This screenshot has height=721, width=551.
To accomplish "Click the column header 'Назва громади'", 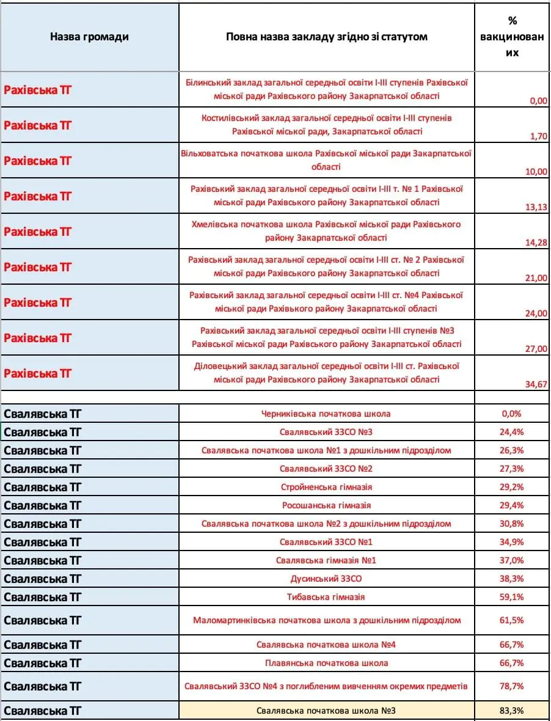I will [89, 37].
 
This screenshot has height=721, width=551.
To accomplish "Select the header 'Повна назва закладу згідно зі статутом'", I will [326, 37].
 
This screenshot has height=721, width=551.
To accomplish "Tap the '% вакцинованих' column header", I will [512, 37].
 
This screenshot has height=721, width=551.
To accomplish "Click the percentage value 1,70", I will [538, 136].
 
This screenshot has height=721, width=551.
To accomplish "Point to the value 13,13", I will [536, 207].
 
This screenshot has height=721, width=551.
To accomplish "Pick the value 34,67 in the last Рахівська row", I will [536, 384].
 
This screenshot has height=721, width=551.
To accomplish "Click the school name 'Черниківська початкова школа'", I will [326, 414].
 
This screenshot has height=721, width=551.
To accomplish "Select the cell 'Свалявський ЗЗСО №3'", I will [326, 432].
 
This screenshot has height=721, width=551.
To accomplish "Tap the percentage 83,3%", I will [512, 711].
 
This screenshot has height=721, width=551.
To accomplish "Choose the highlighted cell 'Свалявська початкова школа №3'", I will [326, 711].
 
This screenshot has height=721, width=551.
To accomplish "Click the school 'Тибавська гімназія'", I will [326, 597].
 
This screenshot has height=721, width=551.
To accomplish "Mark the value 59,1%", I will [512, 597].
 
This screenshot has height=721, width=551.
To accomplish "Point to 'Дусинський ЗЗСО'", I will [326, 579].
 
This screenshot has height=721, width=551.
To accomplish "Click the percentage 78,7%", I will [512, 686].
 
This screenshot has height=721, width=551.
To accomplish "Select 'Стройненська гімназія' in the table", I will [326, 487].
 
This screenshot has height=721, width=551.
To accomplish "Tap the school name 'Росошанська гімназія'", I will [326, 505].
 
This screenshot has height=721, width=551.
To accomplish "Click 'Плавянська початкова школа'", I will [326, 663].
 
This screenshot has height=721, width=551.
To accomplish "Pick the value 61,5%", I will [512, 620].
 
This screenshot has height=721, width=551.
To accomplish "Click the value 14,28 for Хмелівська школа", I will [536, 243].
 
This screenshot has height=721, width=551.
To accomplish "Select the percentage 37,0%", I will [512, 560].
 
